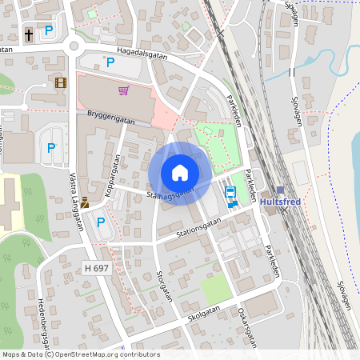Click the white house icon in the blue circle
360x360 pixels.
[179, 173]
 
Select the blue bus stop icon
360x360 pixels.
[230, 193]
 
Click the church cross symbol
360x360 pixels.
[29, 35]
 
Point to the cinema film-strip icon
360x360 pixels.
[61, 82]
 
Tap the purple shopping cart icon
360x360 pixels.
[123, 90]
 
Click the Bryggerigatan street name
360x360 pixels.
[110, 119]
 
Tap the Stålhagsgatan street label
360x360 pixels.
[170, 194]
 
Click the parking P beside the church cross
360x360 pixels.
[49, 31]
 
